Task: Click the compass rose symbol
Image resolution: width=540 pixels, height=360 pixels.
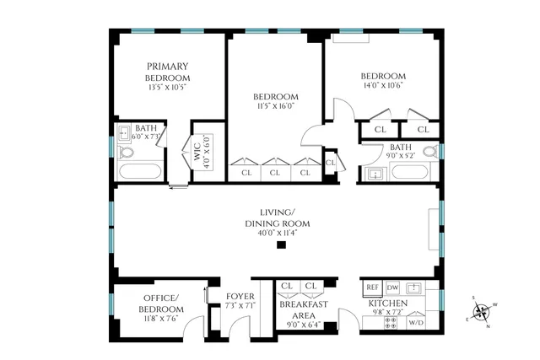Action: tap(482, 314)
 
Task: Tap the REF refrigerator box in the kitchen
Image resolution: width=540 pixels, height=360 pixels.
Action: tap(372, 287)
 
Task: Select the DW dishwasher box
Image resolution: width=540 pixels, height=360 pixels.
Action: tap(392, 287)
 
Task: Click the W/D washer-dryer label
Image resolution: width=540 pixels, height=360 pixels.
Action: tap(416, 322)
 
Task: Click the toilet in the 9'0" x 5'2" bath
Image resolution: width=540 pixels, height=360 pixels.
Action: tap(429, 153)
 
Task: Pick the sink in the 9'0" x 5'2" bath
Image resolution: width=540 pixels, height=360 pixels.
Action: tap(374, 175)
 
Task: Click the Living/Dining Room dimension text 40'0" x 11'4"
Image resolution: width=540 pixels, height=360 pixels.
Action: tap(278, 234)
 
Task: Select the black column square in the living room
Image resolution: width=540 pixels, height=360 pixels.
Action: tap(282, 245)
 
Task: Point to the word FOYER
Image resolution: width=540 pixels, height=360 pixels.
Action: tap(240, 296)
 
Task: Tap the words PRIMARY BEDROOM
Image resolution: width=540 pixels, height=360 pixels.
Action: tap(167, 73)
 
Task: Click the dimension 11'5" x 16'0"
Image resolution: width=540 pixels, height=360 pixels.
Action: tap(276, 107)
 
